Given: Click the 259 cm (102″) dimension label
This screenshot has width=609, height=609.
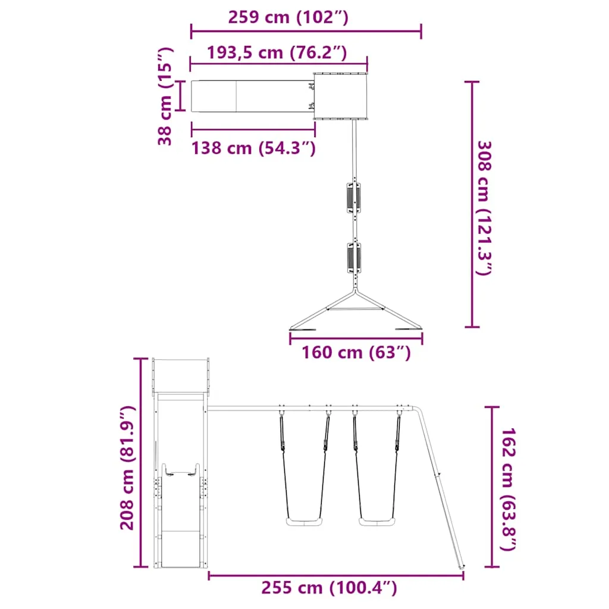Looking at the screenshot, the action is point(288,17).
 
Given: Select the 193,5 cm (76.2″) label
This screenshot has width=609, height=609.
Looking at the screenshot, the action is point(277,52).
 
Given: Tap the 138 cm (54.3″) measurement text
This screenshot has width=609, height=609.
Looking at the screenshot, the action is point(253,148).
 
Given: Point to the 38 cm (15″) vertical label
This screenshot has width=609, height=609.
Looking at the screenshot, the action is point(165,96).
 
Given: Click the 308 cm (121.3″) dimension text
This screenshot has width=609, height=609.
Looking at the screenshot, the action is point(484,208).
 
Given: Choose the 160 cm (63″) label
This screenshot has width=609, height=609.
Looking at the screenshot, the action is point(356,353).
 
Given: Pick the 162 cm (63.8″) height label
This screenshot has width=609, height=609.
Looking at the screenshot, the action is point(508,489).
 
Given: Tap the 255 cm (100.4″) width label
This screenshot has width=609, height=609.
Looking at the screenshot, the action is point(329,588).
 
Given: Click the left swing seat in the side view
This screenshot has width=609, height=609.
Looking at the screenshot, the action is point(304,522).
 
